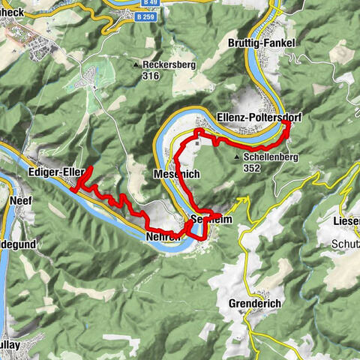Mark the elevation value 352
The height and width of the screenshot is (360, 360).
[x=251, y=169]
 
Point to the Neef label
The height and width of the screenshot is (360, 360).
[x=19, y=202]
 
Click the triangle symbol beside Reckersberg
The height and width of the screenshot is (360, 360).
[x=136, y=65]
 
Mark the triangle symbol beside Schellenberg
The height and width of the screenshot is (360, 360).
[x=238, y=157]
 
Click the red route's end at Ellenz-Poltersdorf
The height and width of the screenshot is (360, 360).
[x=287, y=125]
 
